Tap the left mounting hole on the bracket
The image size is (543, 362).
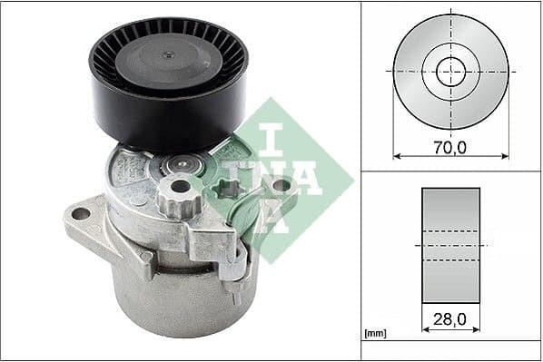[82, 214]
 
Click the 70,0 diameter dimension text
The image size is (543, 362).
[451, 145]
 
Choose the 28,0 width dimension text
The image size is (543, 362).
[451, 319]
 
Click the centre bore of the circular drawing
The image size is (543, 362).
[451, 71]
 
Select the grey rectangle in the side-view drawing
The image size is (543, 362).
[451, 245]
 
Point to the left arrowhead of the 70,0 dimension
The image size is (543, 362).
[396, 156]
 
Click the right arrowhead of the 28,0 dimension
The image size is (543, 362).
[478, 330]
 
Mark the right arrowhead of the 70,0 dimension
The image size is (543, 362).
[507, 156]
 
